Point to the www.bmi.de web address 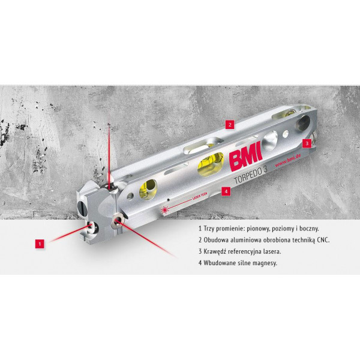click(288, 161)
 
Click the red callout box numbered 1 click(40, 244)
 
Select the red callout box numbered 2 click(230, 125)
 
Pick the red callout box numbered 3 click(307, 143)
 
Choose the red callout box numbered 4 click(226, 191)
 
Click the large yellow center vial click(211, 164)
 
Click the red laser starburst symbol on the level click(164, 210)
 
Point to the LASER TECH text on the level click(199, 197)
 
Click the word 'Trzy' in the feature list click(209, 229)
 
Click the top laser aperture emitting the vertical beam click(112, 187)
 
